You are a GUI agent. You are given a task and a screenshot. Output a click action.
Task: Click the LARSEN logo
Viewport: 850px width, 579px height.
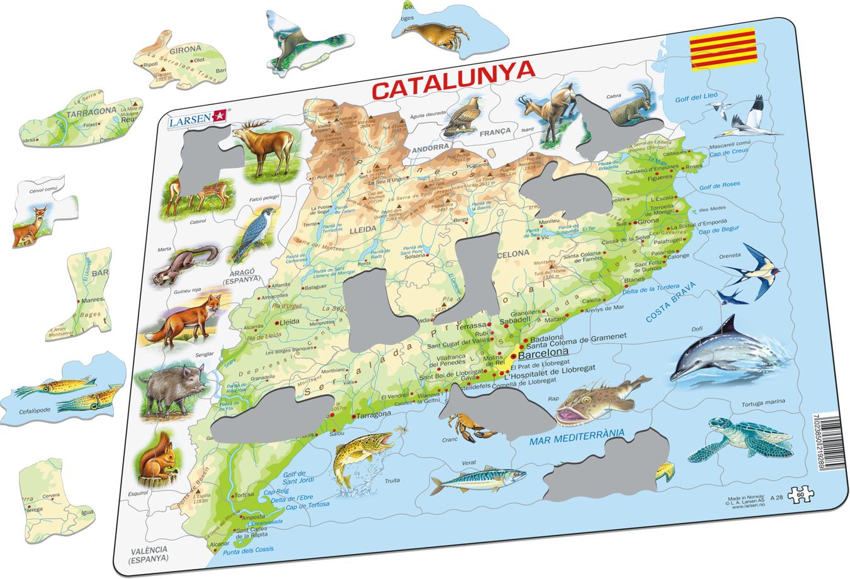coord(196,118)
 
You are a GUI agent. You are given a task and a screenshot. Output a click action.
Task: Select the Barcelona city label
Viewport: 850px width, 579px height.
coord(542,352)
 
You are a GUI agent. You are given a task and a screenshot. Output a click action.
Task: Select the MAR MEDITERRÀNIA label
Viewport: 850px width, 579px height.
coord(575,434)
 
